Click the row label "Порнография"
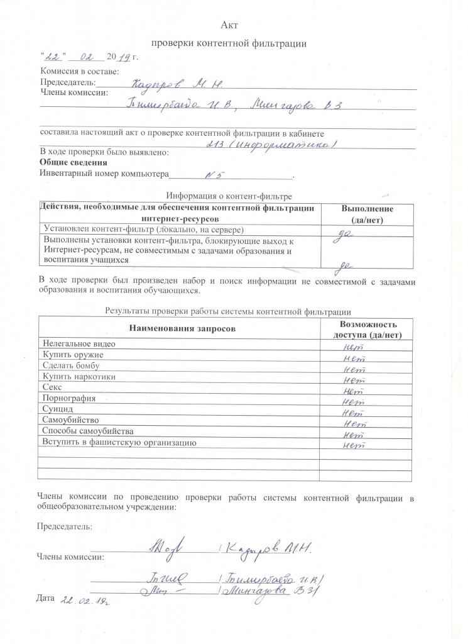coord(68,398)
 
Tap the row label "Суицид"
coord(57,409)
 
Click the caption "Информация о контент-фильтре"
coord(229,196)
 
